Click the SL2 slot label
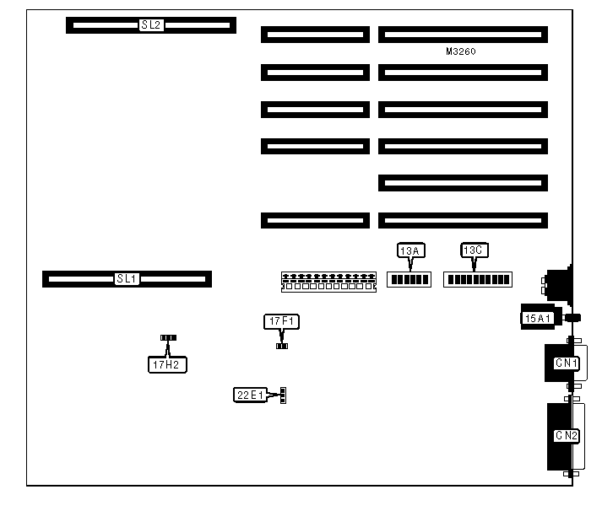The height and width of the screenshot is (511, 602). coord(150,25)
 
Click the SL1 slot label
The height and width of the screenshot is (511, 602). coord(127,278)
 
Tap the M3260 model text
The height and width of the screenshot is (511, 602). coord(461,52)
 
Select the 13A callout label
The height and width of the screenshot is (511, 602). coord(409,250)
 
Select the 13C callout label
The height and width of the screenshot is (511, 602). coord(474,250)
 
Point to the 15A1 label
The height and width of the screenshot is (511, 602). coord(538,318)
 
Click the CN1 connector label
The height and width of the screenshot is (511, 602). coord(565,364)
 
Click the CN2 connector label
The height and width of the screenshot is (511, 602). coord(566,436)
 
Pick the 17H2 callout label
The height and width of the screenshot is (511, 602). coord(165,365)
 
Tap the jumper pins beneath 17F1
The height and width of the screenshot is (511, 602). coord(282,345)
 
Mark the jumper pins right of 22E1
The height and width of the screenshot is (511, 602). coord(285,395)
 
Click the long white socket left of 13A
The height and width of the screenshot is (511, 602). coord(328,281)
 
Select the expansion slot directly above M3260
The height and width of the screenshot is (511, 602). coord(463,35)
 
